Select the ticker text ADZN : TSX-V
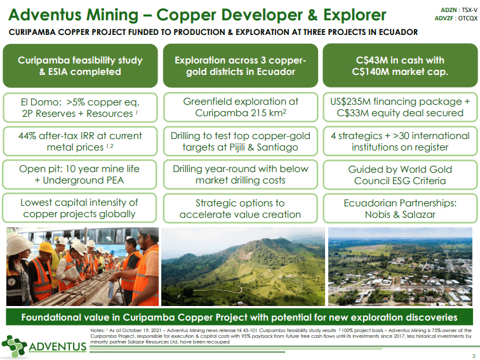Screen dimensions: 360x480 click(x=458, y=10)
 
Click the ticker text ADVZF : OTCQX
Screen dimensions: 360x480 click(x=456, y=18)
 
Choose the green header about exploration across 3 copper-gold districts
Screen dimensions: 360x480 click(x=240, y=66)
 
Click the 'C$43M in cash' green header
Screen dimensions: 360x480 click(x=400, y=66)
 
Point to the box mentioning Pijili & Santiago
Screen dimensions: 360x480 click(x=240, y=142)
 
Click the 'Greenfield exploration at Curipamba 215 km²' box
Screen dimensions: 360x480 click(x=240, y=107)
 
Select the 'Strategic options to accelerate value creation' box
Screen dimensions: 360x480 click(x=240, y=208)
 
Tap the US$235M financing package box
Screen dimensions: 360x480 click(x=400, y=107)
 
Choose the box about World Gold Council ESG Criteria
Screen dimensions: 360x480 click(x=400, y=175)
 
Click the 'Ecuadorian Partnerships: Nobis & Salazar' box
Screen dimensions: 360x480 click(x=400, y=208)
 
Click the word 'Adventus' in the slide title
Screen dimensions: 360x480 click(x=48, y=14)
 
